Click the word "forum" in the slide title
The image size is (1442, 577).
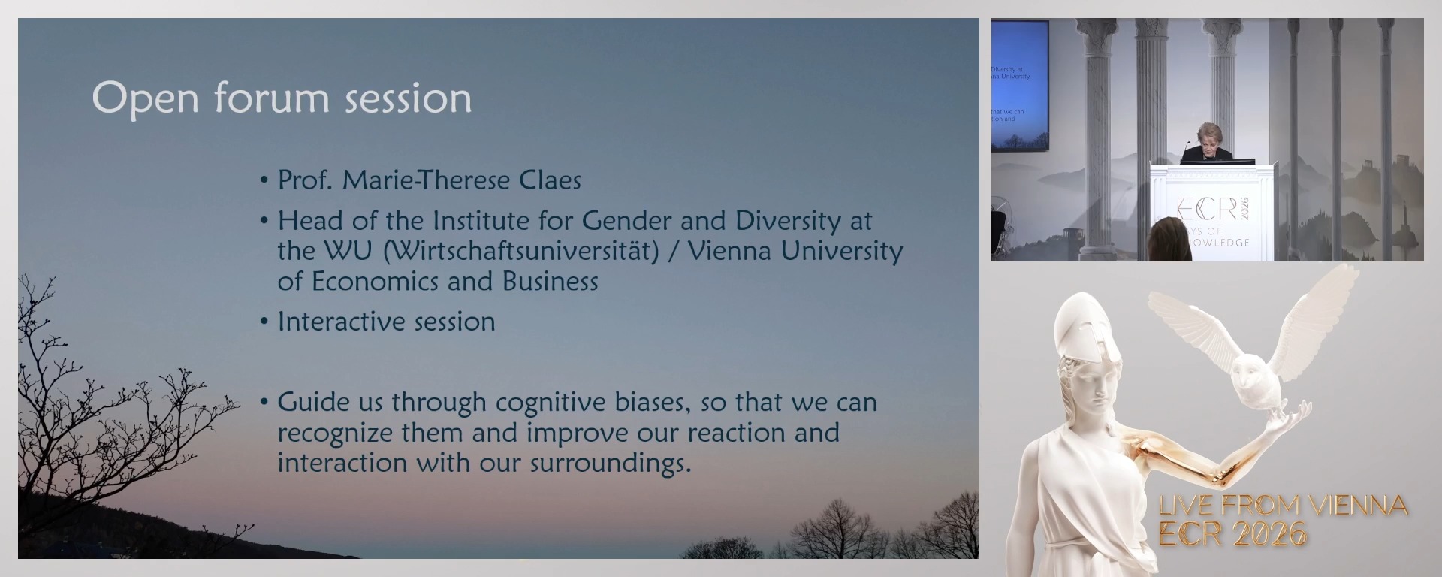point(272,98)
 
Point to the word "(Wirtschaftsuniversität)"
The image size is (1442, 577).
point(520,251)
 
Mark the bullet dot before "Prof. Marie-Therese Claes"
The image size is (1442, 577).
point(264,181)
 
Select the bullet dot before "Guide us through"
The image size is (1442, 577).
point(264,403)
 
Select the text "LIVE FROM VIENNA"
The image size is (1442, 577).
point(1283,505)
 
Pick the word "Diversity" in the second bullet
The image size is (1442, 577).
point(788,221)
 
